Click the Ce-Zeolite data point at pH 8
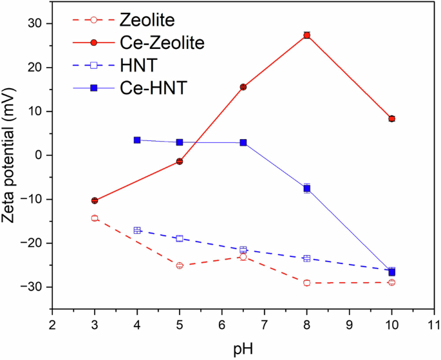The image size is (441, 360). click(x=307, y=35)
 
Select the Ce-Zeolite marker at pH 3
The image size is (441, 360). click(x=95, y=201)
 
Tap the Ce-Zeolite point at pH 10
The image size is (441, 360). click(x=391, y=118)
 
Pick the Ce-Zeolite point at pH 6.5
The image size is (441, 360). click(x=243, y=87)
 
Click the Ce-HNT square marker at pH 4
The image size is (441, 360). click(x=137, y=140)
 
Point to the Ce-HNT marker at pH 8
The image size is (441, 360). click(x=307, y=189)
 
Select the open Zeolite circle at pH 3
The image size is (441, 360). click(x=95, y=218)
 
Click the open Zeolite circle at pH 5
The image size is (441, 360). click(x=180, y=265)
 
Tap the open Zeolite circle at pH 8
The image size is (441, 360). click(x=307, y=283)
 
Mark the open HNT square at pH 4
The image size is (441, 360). click(x=137, y=231)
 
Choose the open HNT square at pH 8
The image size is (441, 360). click(x=307, y=258)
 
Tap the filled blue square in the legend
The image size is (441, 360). click(x=93, y=88)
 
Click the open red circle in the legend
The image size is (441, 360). click(x=93, y=21)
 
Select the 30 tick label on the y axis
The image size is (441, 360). click(x=35, y=24)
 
